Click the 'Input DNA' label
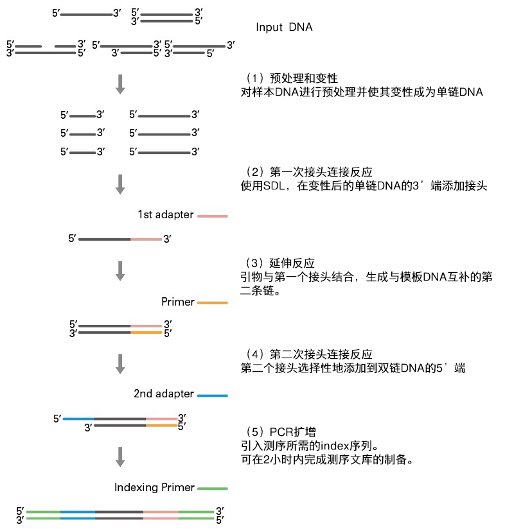284,28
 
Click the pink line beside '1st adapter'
212,216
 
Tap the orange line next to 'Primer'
212,302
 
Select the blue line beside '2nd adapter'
212,395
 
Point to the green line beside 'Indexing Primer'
212,489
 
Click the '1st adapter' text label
165,215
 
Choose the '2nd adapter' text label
163,394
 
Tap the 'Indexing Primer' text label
154,487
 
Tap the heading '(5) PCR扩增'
282,431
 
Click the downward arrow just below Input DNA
120,84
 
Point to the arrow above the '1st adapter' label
120,183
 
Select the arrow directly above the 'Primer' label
120,270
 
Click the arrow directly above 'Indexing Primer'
120,456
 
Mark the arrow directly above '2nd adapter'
120,363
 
